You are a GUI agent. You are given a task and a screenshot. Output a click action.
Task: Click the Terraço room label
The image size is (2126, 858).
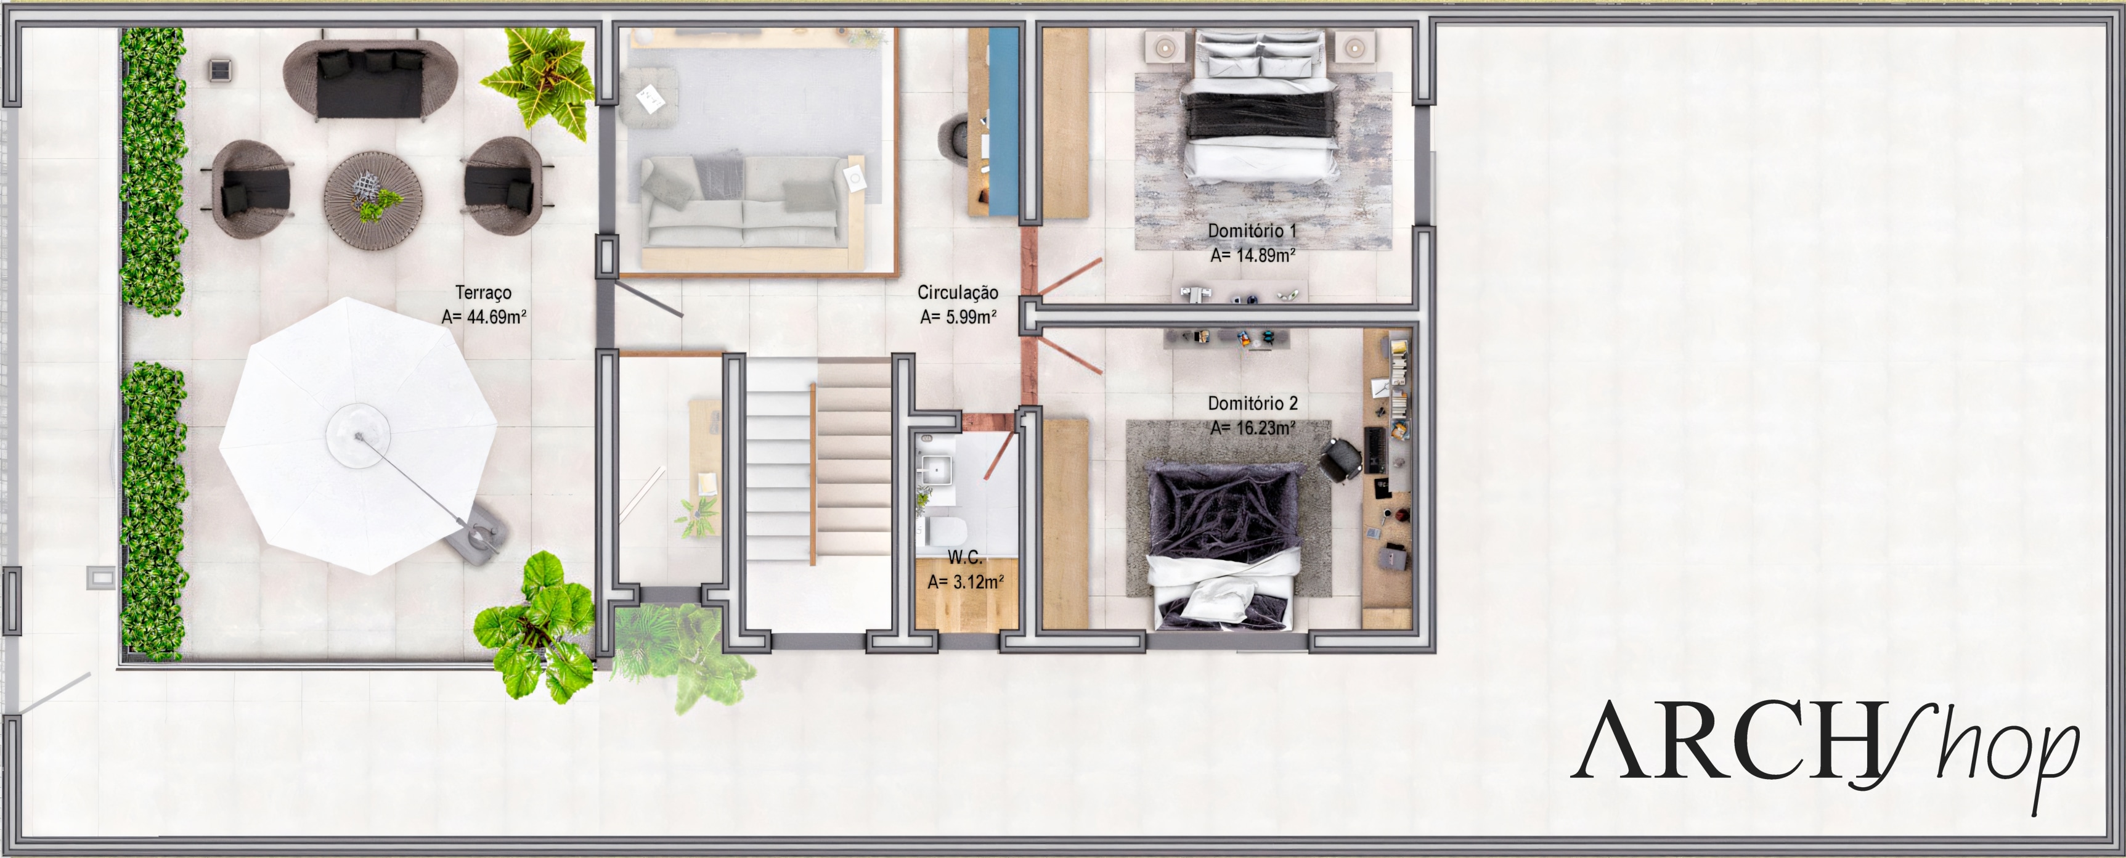tap(484, 292)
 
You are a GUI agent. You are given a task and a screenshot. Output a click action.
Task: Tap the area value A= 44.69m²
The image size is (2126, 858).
tap(484, 316)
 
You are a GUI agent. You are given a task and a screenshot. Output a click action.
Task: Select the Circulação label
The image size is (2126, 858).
tap(958, 292)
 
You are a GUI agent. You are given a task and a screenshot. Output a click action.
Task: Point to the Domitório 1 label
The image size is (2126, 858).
tap(1252, 231)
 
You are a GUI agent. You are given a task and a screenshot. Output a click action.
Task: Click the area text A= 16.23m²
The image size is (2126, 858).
tap(1252, 428)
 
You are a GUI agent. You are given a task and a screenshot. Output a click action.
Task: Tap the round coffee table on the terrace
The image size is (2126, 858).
tap(373, 198)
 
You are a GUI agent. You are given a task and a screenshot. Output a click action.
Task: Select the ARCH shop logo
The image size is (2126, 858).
tap(1825, 754)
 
